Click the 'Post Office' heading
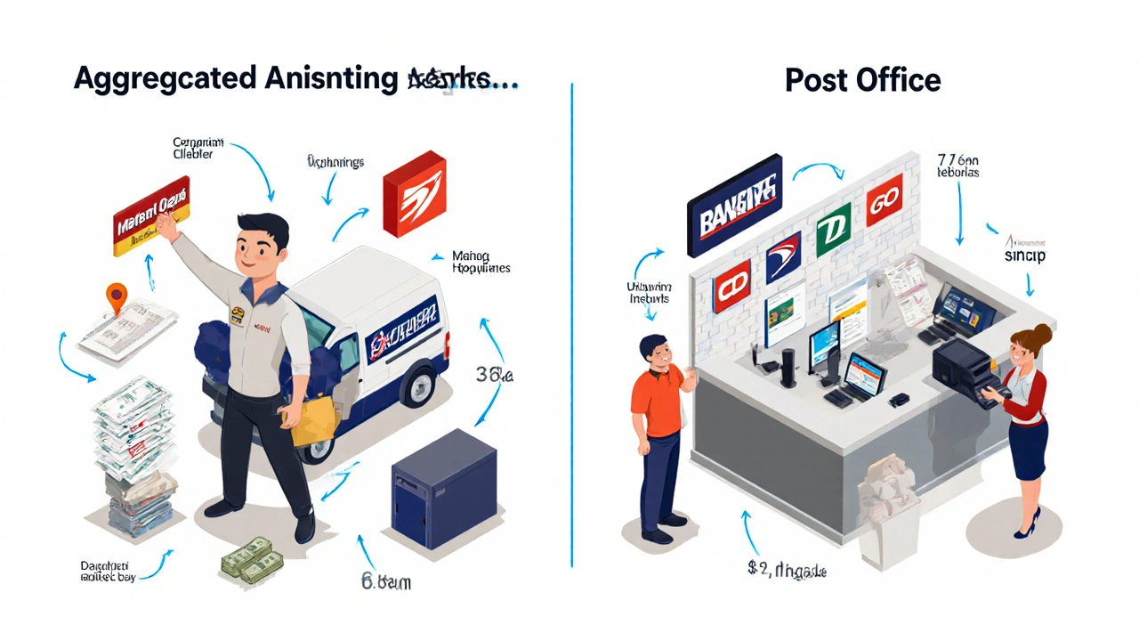[862, 80]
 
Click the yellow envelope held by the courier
[313, 418]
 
